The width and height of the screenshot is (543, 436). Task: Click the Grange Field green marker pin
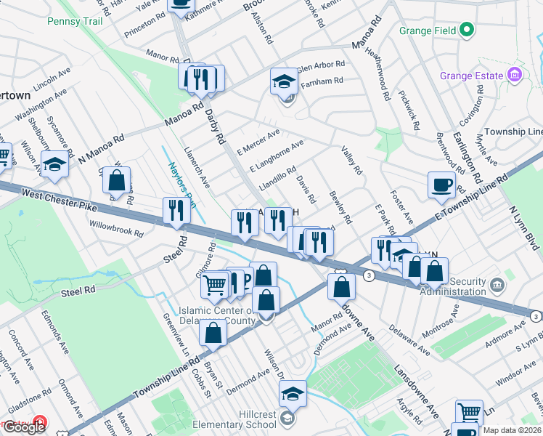467,31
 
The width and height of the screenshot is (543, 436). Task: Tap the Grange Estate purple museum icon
514,76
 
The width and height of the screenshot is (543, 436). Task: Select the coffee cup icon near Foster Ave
441,185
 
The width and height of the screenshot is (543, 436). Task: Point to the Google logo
24,427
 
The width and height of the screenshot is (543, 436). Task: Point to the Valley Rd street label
351,160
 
